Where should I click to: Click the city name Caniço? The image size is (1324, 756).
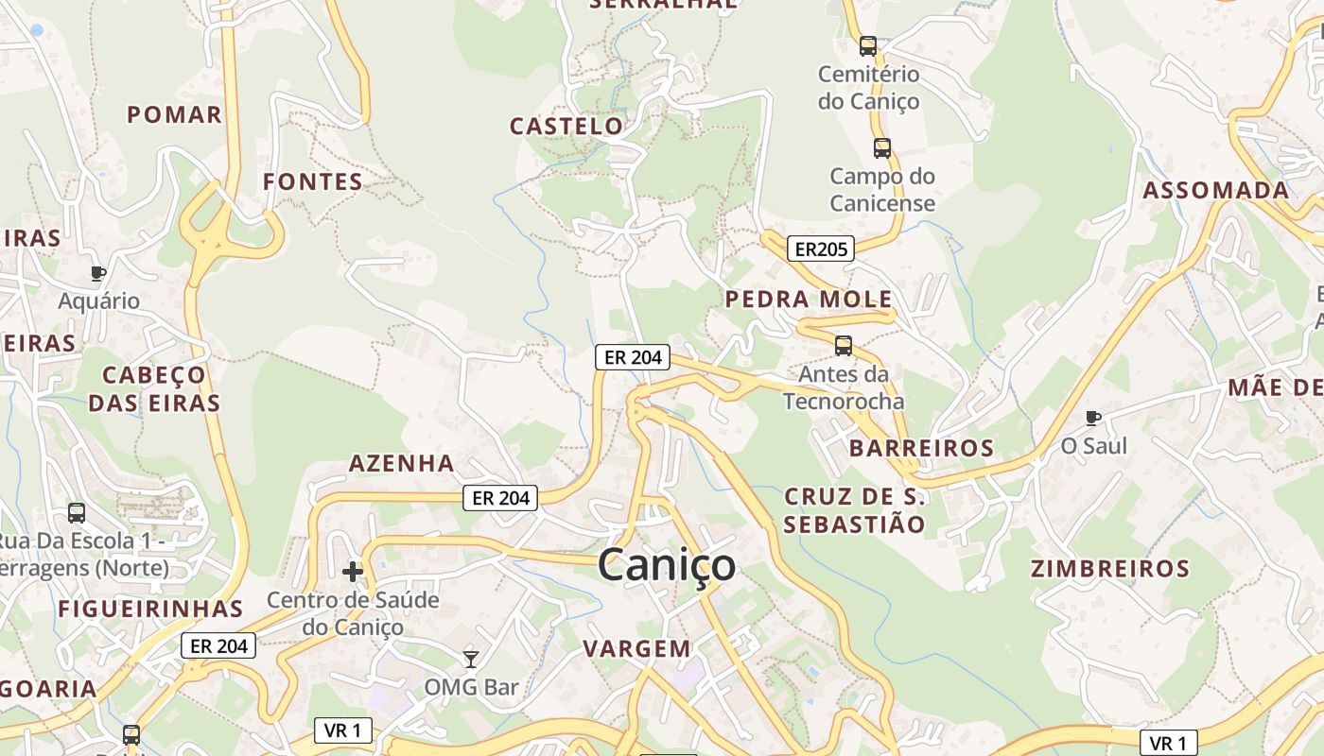click(667, 565)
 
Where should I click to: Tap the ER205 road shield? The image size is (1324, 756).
click(819, 249)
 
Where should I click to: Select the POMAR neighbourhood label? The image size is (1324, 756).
click(175, 115)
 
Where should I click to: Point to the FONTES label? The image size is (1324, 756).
click(313, 181)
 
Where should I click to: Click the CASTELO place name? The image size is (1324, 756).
click(567, 126)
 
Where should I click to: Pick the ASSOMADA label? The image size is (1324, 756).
click(1216, 190)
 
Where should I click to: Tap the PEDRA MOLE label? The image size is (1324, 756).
click(809, 300)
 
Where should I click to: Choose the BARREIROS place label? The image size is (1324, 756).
click(921, 448)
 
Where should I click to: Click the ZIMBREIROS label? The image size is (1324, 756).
click(1110, 569)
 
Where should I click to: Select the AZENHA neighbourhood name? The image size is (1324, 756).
click(402, 464)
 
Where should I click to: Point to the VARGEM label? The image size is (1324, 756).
click(636, 648)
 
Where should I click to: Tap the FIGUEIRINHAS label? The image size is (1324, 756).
click(151, 609)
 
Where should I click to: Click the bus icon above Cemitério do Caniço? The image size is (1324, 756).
click(868, 45)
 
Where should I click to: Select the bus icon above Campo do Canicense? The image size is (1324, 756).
click(882, 147)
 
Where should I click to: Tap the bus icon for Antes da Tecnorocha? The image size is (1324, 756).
click(844, 346)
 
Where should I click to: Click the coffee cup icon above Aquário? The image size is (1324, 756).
click(98, 273)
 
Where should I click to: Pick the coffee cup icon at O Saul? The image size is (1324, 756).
click(1093, 417)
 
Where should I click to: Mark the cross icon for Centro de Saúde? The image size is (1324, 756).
click(353, 571)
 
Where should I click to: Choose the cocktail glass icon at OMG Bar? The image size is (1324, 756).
click(470, 659)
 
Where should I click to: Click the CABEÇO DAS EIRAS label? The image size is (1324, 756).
click(154, 388)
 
